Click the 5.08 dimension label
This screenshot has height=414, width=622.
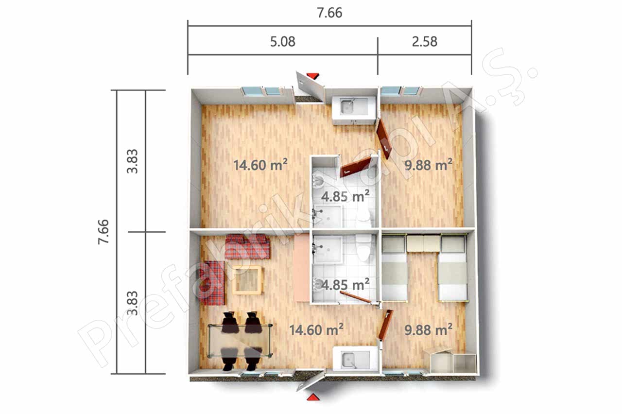click(x=283, y=42)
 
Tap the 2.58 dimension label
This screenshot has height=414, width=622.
click(x=425, y=42)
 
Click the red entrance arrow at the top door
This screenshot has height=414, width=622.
click(x=313, y=76)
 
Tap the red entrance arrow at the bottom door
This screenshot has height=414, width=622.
click(x=313, y=397)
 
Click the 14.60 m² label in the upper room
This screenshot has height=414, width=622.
click(x=260, y=165)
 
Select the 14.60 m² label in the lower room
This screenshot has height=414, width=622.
click(x=316, y=330)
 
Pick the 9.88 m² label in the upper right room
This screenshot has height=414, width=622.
click(x=428, y=165)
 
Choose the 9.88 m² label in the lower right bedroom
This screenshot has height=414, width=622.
click(x=428, y=330)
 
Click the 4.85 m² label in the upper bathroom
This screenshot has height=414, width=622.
click(x=345, y=196)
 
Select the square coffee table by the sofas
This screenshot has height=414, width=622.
click(x=247, y=280)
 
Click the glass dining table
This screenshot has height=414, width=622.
click(x=240, y=341)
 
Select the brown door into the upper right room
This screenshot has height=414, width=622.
click(x=384, y=139)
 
